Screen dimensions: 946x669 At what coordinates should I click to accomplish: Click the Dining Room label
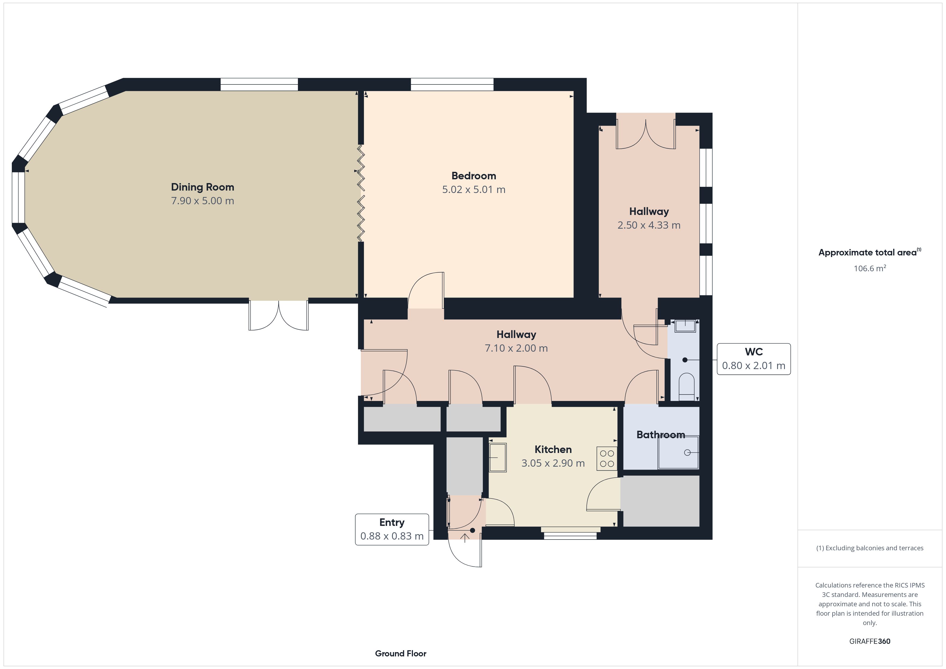[x=202, y=187]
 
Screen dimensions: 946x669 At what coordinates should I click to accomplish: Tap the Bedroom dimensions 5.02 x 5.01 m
[x=474, y=189]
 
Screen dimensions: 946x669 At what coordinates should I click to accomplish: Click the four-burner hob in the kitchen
[x=607, y=459]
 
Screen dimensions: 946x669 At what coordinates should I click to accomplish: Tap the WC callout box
[x=753, y=359]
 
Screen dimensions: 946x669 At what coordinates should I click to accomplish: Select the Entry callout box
[x=392, y=529]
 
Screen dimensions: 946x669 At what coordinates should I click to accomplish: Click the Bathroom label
[x=660, y=434]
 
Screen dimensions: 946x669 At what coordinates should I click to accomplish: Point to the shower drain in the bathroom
[x=687, y=453]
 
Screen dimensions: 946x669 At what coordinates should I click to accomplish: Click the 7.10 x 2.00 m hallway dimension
[x=516, y=348]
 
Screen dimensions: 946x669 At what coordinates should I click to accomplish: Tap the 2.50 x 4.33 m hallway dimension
[x=649, y=225]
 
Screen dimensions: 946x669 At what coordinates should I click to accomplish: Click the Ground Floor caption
[x=401, y=653]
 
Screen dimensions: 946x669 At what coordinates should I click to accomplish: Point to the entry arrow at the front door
[x=465, y=538]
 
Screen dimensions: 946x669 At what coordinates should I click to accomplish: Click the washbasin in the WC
[x=685, y=326]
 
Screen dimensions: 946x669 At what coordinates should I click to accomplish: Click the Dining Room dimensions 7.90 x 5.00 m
[x=202, y=200]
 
